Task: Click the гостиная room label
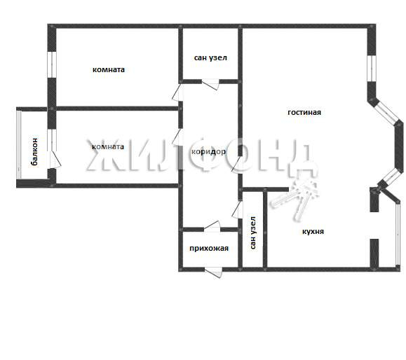(304, 113)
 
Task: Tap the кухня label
(313, 231)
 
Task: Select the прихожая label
(209, 249)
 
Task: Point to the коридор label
(208, 152)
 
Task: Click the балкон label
(34, 151)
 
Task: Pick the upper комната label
(109, 69)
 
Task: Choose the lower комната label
(108, 147)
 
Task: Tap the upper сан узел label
(210, 57)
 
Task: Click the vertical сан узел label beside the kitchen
(253, 233)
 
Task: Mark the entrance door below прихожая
(214, 272)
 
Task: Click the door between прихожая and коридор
(212, 226)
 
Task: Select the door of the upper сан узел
(210, 84)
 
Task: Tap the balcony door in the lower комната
(55, 159)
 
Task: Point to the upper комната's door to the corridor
(177, 92)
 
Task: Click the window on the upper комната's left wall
(52, 64)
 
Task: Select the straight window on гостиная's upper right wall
(372, 68)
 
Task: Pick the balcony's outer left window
(19, 144)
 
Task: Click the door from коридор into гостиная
(237, 164)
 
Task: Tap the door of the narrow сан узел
(238, 209)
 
